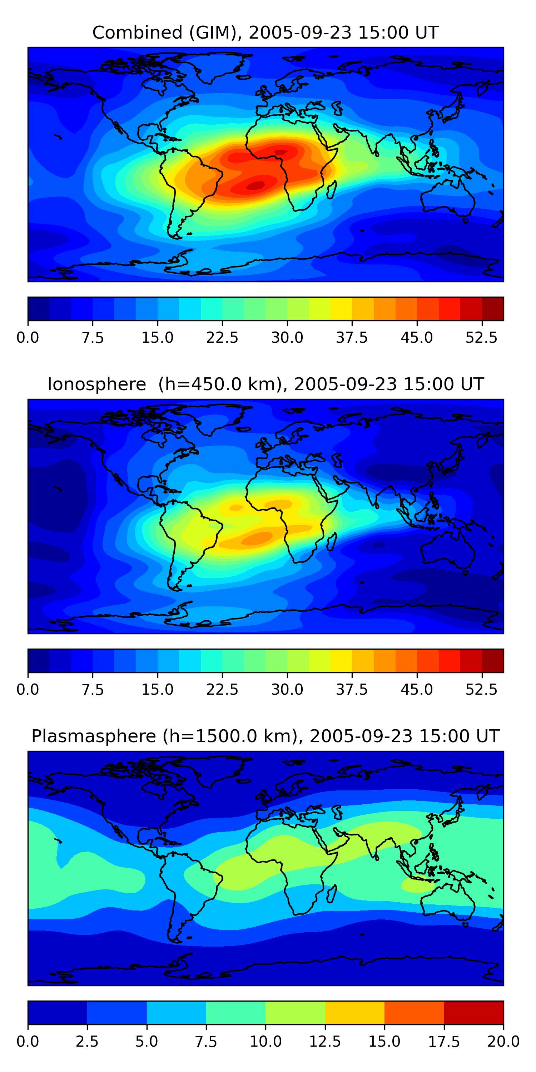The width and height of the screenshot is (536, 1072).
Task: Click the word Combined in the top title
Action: pos(137,33)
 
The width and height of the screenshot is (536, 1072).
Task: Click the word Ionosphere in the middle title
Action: pos(96,384)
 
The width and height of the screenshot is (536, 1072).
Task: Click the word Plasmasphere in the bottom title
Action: pos(94,736)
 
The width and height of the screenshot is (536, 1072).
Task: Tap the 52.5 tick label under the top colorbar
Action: pos(481,337)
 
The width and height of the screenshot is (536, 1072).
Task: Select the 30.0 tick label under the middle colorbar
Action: pos(287,690)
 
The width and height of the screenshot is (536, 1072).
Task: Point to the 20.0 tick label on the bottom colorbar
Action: pos(503,1042)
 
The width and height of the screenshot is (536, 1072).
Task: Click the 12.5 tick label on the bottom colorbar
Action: pos(325,1042)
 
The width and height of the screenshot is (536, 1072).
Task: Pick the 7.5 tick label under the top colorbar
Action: pos(93,337)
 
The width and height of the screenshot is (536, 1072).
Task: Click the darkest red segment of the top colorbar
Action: pos(493,309)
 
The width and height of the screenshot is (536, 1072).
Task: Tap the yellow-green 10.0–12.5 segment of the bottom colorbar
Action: pos(295,1012)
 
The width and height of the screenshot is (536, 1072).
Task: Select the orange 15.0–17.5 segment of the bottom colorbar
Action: pos(414,1012)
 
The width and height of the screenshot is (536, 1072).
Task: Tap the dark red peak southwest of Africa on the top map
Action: pos(255,185)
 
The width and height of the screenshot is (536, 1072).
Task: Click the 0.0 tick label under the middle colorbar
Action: pos(28,690)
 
